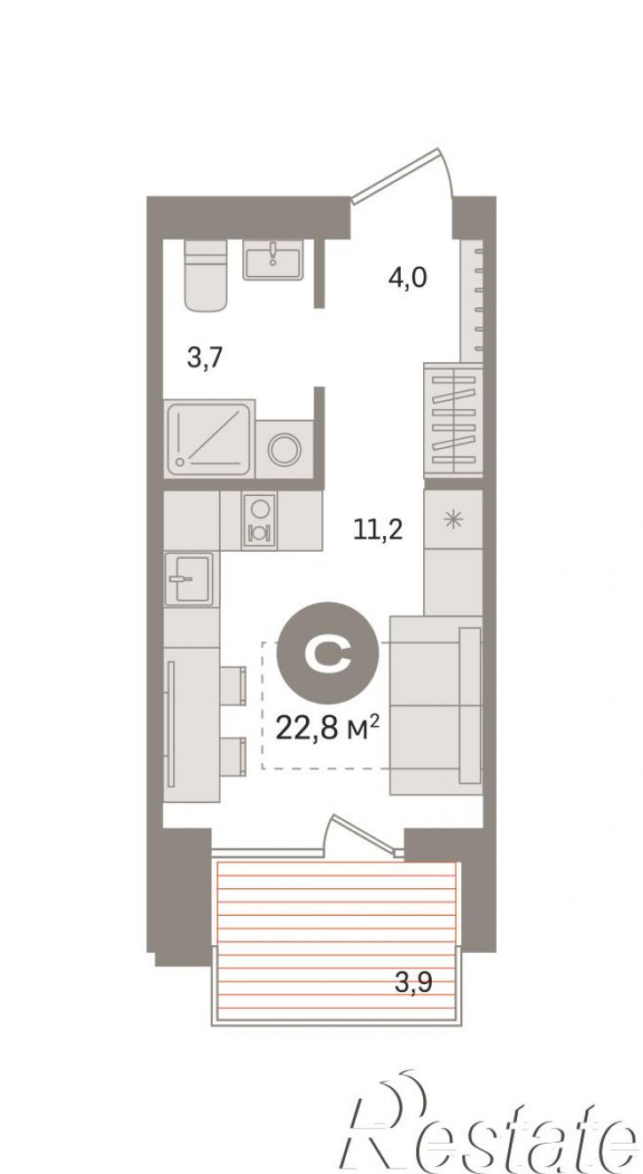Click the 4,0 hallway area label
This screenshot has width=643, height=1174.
point(407,277)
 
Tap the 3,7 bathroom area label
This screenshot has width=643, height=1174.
point(205,359)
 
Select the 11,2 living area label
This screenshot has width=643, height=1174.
point(378,531)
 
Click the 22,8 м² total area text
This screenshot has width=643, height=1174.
point(327,728)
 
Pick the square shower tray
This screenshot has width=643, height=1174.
point(209,438)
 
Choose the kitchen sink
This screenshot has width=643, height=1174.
point(189,579)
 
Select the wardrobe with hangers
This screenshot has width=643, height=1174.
point(453,419)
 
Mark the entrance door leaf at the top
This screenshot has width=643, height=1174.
point(396,175)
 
